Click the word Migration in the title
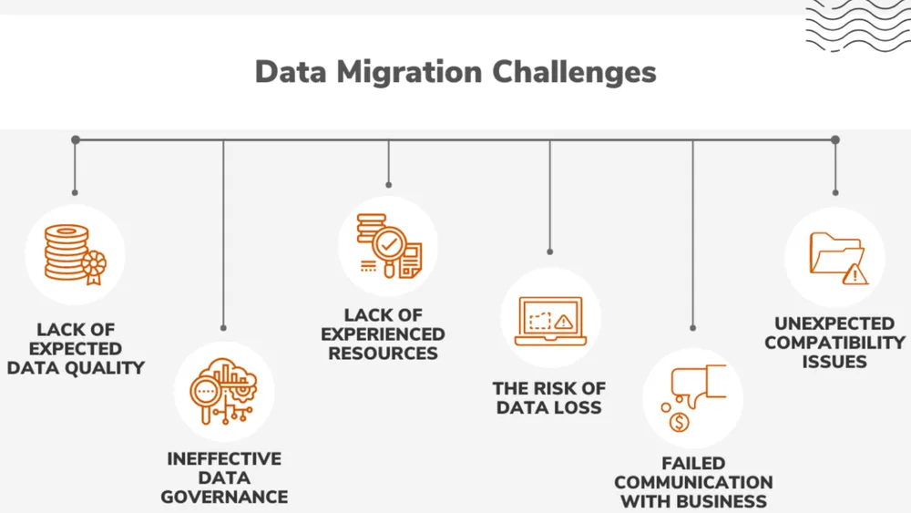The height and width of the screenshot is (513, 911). tap(409, 73)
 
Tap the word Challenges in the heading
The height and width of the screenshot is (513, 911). tap(574, 72)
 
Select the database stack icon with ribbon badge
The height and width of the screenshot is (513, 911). tap(76, 254)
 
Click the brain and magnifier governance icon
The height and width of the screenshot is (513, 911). tap(224, 391)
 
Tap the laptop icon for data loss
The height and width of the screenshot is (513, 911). tap(550, 322)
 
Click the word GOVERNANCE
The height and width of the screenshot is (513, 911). tap(224, 497)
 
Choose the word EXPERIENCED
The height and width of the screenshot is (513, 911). tap(383, 334)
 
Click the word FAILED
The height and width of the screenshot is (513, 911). tap(693, 463)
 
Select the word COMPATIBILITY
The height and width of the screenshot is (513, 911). tap(834, 343)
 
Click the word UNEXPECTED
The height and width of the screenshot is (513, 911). tap(834, 323)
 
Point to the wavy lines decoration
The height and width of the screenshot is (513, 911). tap(858, 26)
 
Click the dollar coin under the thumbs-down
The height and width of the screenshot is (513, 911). tap(680, 423)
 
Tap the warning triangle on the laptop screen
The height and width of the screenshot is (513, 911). tap(563, 322)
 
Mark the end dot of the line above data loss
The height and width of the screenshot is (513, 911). tap(549, 251)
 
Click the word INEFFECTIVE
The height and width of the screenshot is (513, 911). tap(224, 458)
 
